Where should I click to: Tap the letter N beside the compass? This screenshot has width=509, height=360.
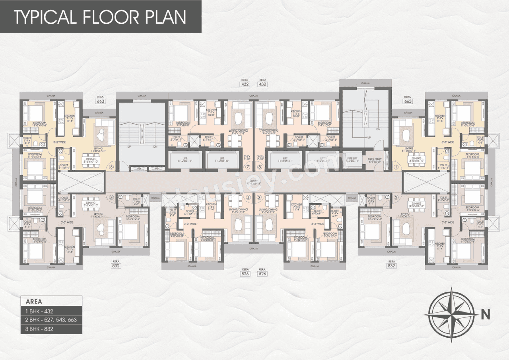pos(485,314)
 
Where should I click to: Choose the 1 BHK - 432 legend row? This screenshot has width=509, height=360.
pos(51,311)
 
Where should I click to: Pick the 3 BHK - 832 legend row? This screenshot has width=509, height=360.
pos(51,329)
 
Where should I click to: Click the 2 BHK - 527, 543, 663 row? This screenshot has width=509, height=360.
pos(51,320)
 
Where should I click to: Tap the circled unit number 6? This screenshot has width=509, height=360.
pos(111,167)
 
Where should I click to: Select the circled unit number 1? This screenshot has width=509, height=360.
pos(396,167)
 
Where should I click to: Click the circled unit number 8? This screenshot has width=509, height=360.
pos(260,167)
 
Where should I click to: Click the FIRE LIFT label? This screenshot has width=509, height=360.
pos(352,158)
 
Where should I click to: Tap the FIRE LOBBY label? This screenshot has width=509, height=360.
pos(375,158)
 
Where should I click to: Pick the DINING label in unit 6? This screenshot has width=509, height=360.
pos(91,159)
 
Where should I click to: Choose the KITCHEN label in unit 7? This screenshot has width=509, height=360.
pos(211,111)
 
